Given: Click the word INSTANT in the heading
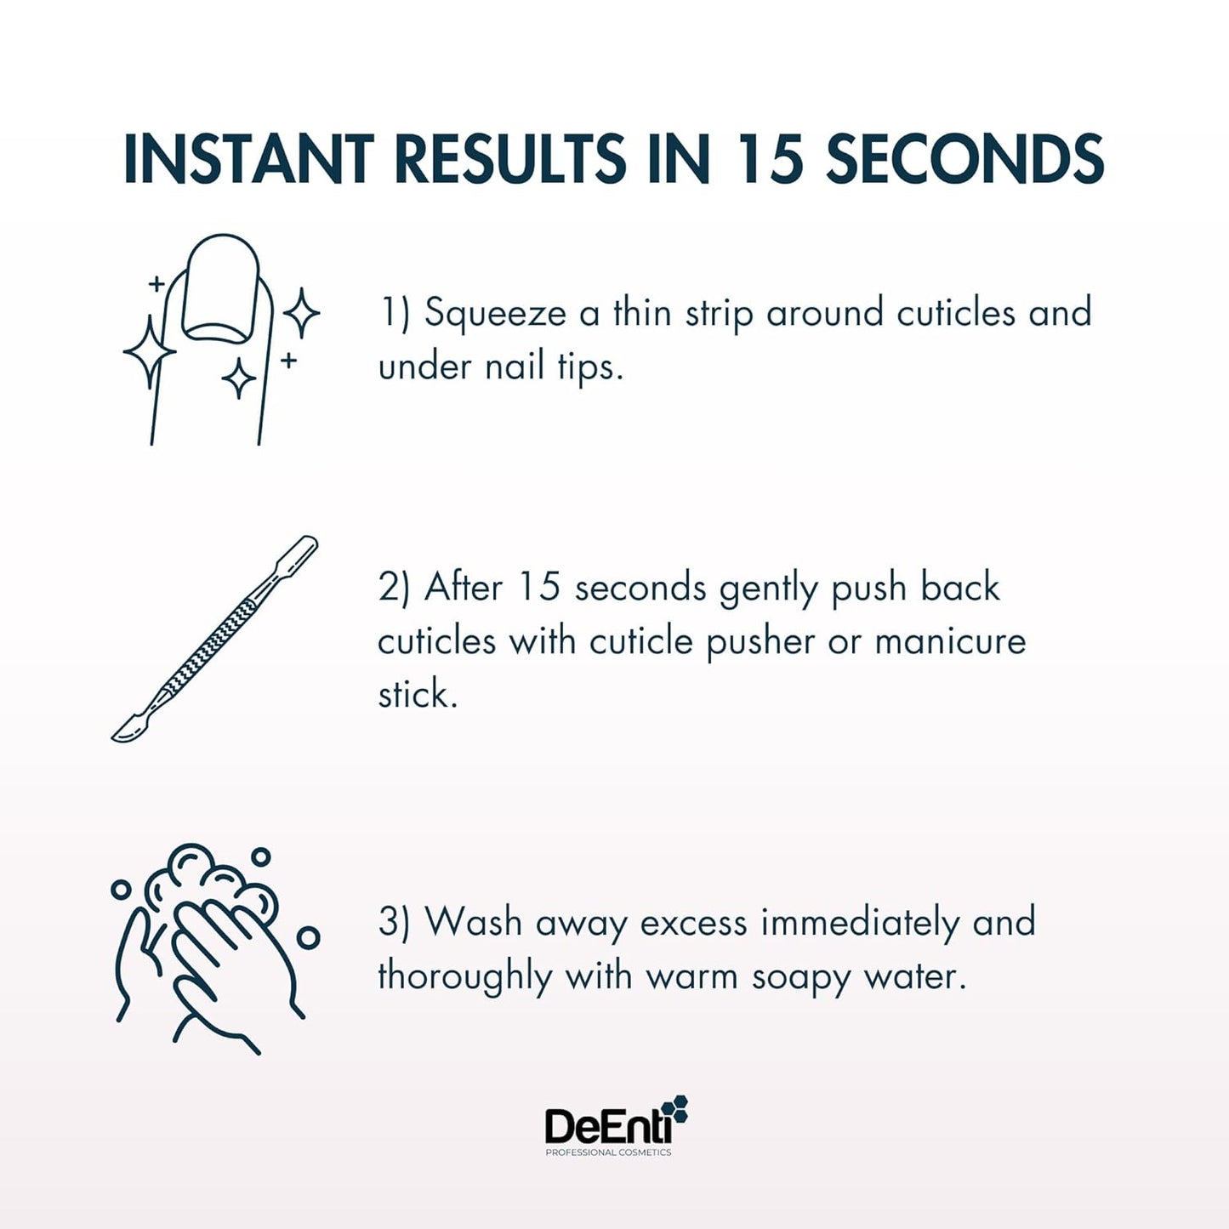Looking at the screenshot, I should (x=248, y=159).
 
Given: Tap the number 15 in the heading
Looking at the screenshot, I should (x=769, y=159).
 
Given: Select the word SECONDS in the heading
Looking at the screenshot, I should (x=964, y=159).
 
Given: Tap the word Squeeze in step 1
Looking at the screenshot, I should (x=495, y=314).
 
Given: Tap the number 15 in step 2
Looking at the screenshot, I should (x=539, y=588).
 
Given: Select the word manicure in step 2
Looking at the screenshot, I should (x=950, y=641).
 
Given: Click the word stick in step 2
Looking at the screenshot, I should (x=417, y=694).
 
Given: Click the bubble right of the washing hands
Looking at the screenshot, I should (x=308, y=937).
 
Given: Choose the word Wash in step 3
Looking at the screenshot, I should (x=473, y=923).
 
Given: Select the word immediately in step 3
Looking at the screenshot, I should (x=859, y=923).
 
